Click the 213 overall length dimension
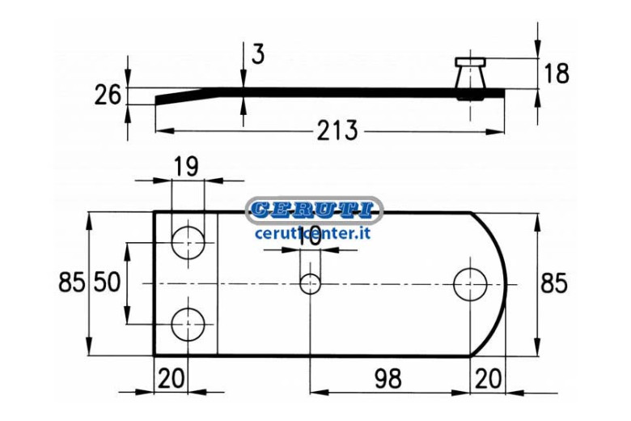coord(337,130)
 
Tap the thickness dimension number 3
coord(258,54)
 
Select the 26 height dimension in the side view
coord(108,95)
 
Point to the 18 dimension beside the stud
coord(557,74)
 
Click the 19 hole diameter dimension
coord(187,167)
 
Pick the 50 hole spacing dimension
coord(107,282)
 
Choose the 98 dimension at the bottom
coord(388,379)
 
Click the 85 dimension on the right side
coord(553,283)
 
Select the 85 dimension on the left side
coord(72,282)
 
